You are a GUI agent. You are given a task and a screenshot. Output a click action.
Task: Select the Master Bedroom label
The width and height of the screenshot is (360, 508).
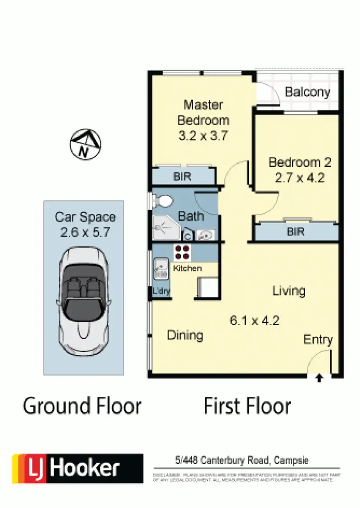(x=203, y=112)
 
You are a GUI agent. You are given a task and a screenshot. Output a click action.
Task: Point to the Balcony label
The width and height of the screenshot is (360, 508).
(x=307, y=93)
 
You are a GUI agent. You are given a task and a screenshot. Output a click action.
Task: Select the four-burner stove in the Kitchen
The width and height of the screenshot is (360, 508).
(x=182, y=253)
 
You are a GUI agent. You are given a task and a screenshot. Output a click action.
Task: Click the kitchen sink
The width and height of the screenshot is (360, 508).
(x=160, y=268)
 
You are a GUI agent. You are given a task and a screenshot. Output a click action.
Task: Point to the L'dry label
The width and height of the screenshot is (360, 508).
(x=161, y=291)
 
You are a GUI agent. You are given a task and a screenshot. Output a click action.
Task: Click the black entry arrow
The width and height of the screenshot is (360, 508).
(x=319, y=379)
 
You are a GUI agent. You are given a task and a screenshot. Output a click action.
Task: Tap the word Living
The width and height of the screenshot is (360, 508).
(x=289, y=291)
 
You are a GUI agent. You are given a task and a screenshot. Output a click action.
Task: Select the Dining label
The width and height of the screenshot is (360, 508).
(x=185, y=335)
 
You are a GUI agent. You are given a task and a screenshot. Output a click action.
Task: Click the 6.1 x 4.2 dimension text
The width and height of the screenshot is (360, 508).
(x=255, y=321)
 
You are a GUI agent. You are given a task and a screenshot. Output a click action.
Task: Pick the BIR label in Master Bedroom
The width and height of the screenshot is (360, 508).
(x=182, y=177)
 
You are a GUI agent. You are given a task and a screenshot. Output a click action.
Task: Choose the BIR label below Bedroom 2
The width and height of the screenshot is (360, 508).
(x=296, y=232)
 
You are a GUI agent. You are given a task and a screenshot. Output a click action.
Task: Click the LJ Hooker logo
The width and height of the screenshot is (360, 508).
(x=77, y=468)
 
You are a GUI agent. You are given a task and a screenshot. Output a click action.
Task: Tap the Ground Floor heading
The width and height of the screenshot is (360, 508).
(x=82, y=406)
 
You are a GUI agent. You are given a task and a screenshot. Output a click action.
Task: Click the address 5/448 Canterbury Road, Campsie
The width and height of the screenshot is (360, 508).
(x=243, y=460)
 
